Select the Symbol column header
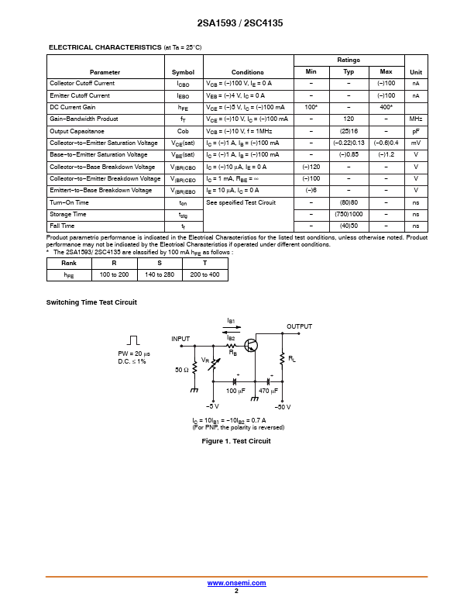click(183, 71)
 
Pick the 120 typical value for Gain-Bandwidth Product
click(349, 119)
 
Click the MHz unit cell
click(416, 119)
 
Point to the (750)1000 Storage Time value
click(349, 214)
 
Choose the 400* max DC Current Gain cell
click(386, 107)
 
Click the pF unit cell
click(416, 131)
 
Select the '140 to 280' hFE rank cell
click(160, 274)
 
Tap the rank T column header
click(204, 264)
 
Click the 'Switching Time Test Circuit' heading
click(91, 302)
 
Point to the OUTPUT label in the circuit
click(299, 326)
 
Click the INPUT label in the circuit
click(180, 339)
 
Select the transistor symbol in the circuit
click(252, 346)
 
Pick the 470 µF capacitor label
click(269, 391)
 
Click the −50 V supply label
click(282, 406)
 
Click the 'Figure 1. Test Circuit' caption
click(236, 441)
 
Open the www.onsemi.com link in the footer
click(237, 583)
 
